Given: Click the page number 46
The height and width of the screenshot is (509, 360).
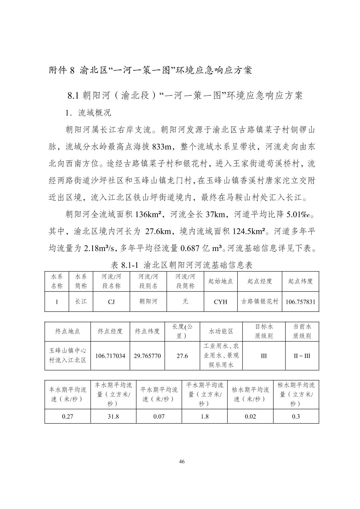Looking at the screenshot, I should point(182,462).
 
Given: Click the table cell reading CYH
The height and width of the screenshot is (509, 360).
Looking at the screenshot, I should point(220,302).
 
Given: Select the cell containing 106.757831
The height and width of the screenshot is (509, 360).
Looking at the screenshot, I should point(300,302).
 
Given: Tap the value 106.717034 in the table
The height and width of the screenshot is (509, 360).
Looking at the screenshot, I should point(110,356).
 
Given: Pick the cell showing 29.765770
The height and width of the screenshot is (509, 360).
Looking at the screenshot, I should point(147,356).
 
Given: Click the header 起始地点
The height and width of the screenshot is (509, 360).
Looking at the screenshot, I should point(220,281).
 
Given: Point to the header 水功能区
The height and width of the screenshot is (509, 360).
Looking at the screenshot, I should point(221,331).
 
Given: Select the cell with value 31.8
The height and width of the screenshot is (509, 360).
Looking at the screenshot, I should point(113,417).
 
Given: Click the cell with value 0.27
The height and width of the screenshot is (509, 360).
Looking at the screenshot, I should point(67,417).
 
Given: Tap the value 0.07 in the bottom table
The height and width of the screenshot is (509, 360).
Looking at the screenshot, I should point(159,417).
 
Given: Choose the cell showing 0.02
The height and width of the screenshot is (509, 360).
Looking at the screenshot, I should point(250,417).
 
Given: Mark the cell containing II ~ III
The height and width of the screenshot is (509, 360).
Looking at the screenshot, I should point(302,356).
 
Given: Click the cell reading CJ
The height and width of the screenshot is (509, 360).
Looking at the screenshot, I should point(111,302).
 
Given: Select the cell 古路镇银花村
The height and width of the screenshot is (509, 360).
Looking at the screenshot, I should point(260,301).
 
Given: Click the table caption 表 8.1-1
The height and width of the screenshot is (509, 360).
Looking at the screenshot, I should point(124,266).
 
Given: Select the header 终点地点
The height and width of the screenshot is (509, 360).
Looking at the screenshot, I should point(67,331).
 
